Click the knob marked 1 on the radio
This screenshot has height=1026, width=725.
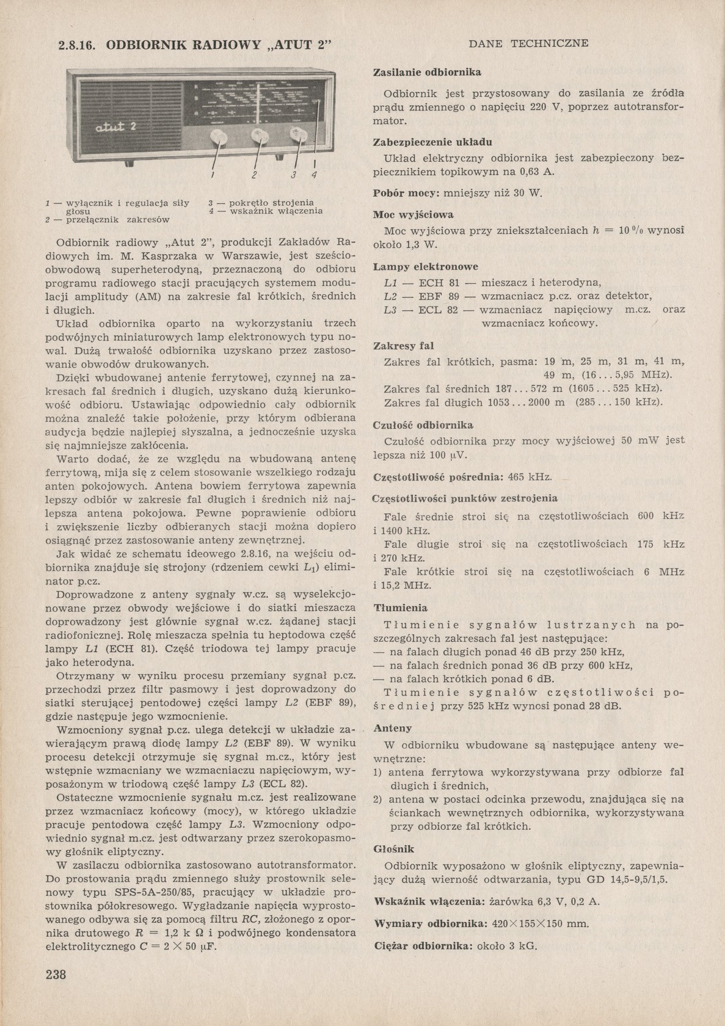coord(218,136)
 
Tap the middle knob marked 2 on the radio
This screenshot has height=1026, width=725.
coord(259,135)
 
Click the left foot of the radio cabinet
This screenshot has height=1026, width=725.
coord(86,160)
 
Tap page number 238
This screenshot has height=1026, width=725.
coord(56,974)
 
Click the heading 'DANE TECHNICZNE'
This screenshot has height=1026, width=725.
coord(528,43)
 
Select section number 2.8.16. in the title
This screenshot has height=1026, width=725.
coord(78,45)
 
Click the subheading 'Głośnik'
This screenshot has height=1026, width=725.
coord(393,849)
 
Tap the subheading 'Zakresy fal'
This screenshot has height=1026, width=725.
coord(403,346)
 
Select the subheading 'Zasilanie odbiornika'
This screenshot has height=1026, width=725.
coord(427,72)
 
